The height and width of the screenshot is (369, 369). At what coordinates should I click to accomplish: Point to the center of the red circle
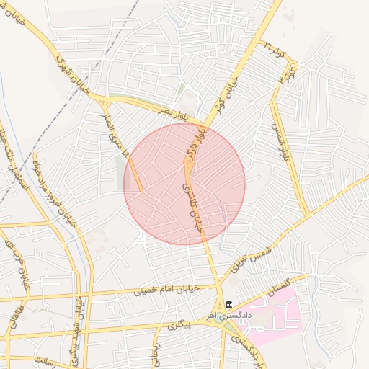[x=184, y=184]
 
